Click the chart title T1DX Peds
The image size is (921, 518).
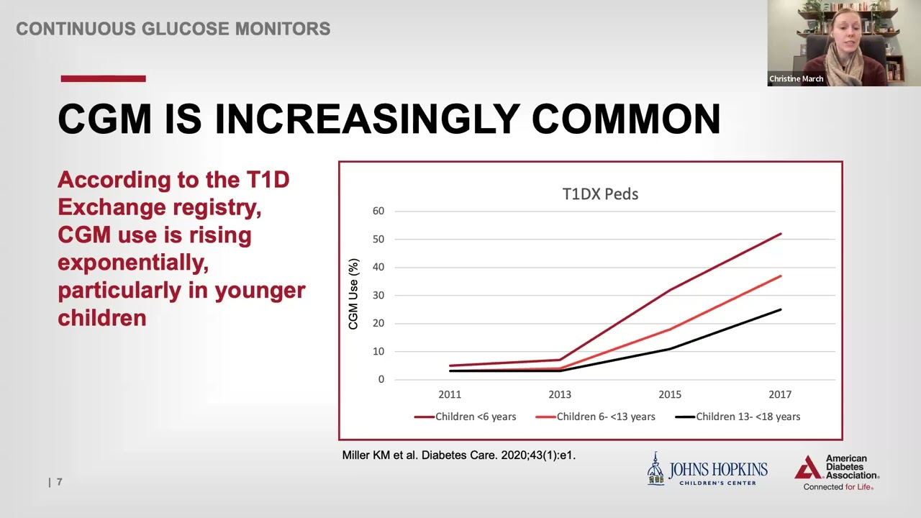[x=600, y=194]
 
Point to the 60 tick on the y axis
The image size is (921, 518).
[x=378, y=211]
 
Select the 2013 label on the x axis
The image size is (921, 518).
[x=560, y=395]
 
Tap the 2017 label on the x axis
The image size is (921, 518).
[x=780, y=395]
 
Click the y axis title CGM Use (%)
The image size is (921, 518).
[x=353, y=294]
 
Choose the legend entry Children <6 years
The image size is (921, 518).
[x=465, y=417]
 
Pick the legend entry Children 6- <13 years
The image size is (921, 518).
[x=595, y=417]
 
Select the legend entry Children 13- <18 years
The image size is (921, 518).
[x=738, y=417]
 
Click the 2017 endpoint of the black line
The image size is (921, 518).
[x=780, y=309]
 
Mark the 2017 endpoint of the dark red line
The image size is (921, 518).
[x=780, y=234]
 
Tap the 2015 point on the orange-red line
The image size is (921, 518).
[x=670, y=329]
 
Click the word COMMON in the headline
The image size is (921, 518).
[x=626, y=119]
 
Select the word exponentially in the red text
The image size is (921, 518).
[x=133, y=263]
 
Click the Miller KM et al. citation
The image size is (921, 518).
[x=459, y=455]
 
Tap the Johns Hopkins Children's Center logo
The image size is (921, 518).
[x=707, y=470]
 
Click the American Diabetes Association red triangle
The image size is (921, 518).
[x=808, y=468]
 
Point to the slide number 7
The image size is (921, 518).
[x=60, y=482]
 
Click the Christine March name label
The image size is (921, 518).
[x=796, y=78]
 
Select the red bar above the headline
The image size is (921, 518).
[x=103, y=78]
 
